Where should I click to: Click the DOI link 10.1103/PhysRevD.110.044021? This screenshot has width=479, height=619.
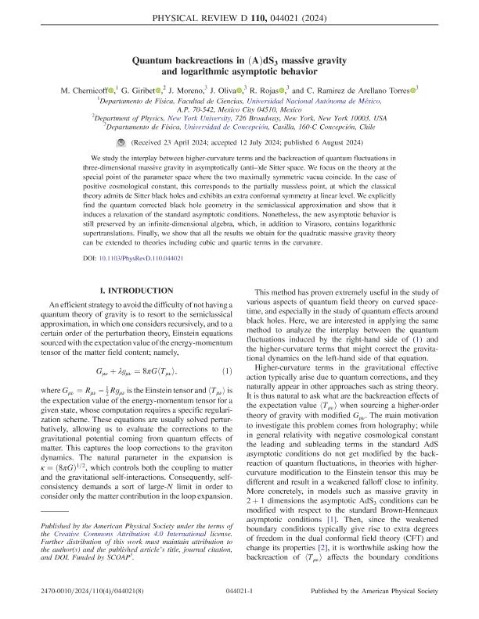(137, 257)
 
